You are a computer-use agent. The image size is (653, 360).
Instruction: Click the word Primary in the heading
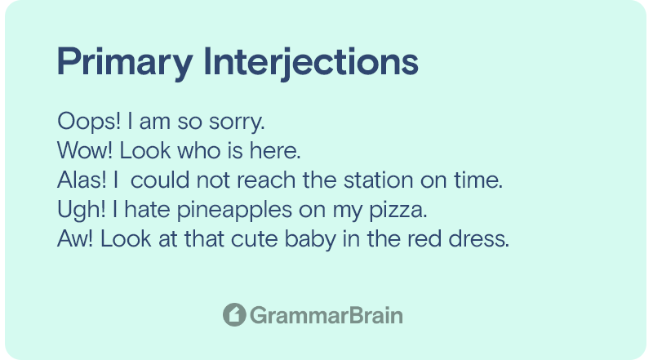[125, 63]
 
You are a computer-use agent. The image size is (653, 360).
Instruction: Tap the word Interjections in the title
[311, 63]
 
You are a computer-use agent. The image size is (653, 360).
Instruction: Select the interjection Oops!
[89, 122]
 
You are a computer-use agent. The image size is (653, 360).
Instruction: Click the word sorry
[237, 123]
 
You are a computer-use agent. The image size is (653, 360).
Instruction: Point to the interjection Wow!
[85, 150]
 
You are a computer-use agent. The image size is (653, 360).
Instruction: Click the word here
[275, 150]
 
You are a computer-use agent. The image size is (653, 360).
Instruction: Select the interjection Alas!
[82, 180]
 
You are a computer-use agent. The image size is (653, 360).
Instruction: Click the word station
[379, 180]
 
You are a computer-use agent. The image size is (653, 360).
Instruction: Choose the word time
[478, 180]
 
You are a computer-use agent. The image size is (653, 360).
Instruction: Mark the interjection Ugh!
[81, 210]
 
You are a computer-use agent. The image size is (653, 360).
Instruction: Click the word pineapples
[234, 210]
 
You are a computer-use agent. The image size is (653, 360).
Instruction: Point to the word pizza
[398, 210]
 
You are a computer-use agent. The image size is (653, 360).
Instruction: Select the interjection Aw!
[75, 238]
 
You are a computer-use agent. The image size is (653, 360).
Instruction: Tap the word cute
[255, 238]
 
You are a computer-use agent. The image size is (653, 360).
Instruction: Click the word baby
[310, 239]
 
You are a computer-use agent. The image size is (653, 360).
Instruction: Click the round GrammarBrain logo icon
[234, 314]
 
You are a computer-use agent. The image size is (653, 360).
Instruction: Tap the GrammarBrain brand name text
[326, 315]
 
